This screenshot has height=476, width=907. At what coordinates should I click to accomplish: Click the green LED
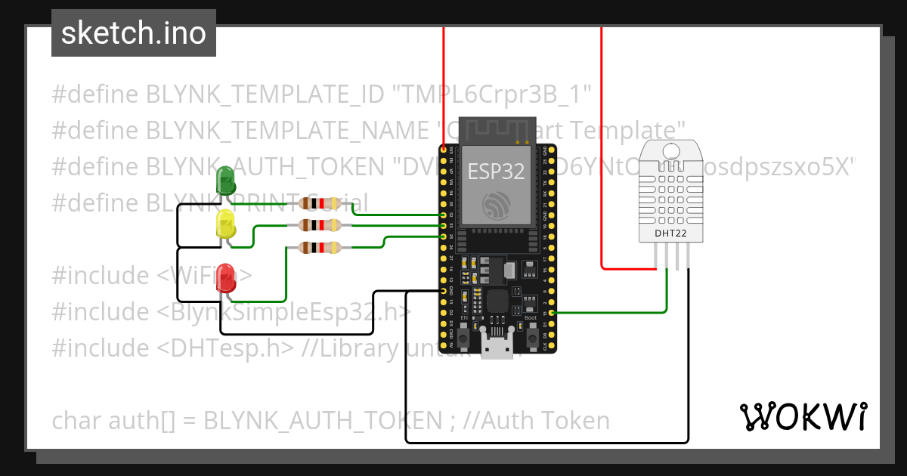(226, 181)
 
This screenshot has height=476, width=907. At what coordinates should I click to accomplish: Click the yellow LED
(226, 224)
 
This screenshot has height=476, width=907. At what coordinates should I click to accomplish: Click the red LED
(226, 279)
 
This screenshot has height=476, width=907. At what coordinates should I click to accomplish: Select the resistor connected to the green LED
(321, 203)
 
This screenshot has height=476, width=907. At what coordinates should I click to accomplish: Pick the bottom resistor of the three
(321, 248)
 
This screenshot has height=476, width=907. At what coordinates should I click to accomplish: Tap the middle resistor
(321, 225)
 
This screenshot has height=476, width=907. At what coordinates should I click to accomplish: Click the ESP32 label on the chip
(496, 172)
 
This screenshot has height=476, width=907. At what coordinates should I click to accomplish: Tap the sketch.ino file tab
(134, 33)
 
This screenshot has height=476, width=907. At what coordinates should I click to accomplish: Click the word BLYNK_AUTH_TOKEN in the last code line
(322, 420)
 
